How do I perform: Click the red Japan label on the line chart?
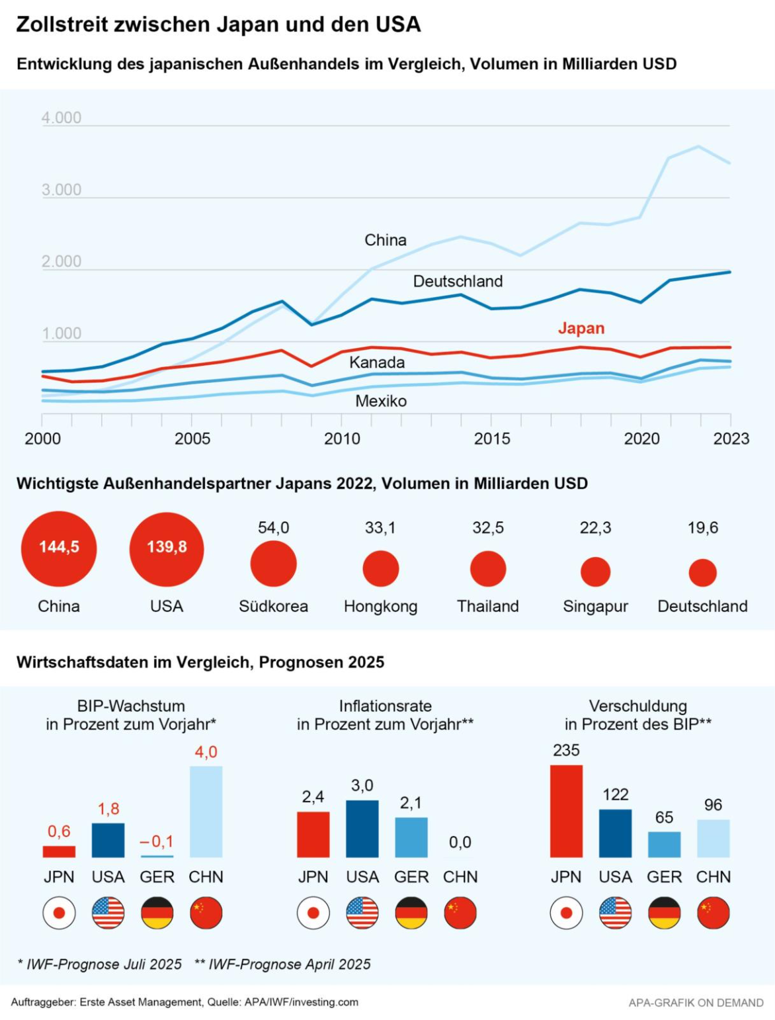point(581,328)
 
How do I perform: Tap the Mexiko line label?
point(381,401)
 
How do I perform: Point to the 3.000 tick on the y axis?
point(61,190)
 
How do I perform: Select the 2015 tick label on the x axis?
point(492,439)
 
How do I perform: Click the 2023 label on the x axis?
point(731,439)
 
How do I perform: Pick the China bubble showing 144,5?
point(59,548)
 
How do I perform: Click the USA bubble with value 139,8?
point(167,548)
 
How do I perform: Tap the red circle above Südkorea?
point(273,564)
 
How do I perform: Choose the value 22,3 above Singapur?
point(595,528)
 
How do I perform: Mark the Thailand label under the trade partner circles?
point(488,606)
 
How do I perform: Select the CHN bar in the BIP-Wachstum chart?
point(206,812)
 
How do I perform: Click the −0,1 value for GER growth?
point(157,841)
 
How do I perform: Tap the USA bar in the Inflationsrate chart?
point(362,829)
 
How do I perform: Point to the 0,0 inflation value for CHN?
point(460,842)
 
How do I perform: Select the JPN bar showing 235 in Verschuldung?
point(566,811)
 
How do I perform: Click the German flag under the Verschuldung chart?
point(664,913)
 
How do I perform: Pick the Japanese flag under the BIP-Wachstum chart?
point(59,913)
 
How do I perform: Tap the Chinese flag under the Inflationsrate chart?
point(460,913)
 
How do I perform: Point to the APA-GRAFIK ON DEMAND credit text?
point(696,1003)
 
